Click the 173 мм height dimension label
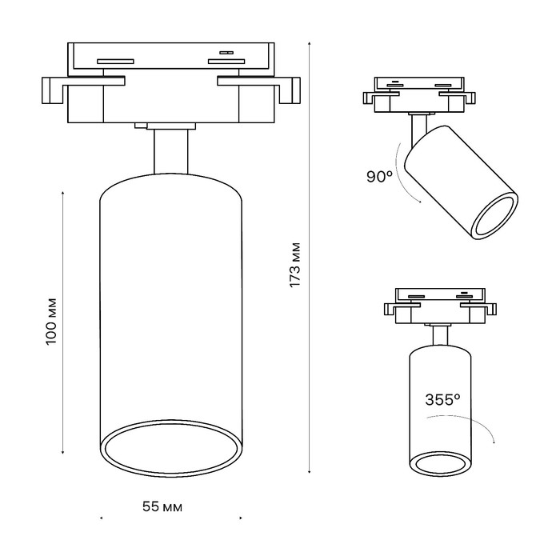pyautogui.click(x=295, y=265)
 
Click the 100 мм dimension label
pyautogui.click(x=51, y=321)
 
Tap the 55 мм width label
pyautogui.click(x=162, y=506)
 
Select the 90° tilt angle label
pyautogui.click(x=379, y=177)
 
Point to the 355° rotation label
pyautogui.click(x=442, y=399)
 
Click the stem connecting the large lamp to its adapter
pyautogui.click(x=171, y=151)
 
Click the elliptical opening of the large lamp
pyautogui.click(x=171, y=448)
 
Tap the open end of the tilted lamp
pyautogui.click(x=494, y=216)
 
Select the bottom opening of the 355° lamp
pyautogui.click(x=440, y=463)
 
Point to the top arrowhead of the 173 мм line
pyautogui.click(x=310, y=43)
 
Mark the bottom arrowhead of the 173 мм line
pyautogui.click(x=310, y=472)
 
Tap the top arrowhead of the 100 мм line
pyautogui.click(x=63, y=193)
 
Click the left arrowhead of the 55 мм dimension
pyautogui.click(x=101, y=518)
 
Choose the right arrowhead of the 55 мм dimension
pyautogui.click(x=241, y=518)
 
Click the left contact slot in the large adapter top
pyautogui.click(x=116, y=61)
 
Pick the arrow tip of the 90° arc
pyautogui.click(x=420, y=202)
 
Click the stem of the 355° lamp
pyautogui.click(x=440, y=336)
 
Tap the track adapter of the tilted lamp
pyautogui.click(x=419, y=94)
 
